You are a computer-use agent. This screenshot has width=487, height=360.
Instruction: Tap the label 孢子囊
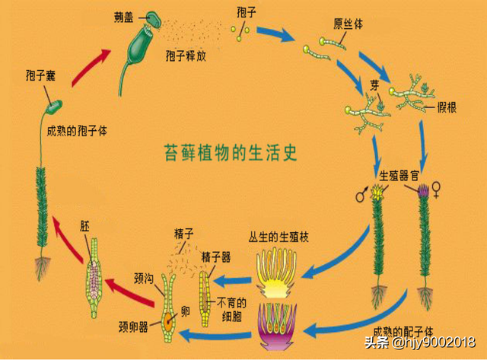[x=40, y=75]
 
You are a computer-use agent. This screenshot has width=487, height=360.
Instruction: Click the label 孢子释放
[x=185, y=56]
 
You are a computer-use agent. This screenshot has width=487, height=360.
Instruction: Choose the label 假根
[x=445, y=107]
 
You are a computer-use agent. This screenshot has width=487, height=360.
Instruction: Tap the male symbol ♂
[x=360, y=195]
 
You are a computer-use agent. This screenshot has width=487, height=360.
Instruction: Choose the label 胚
[x=85, y=226]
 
